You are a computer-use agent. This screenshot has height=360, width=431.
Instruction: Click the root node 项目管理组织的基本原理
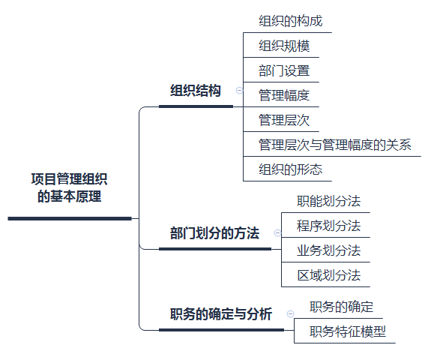[x=69, y=187]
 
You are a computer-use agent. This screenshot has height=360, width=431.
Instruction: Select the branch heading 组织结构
[x=196, y=91]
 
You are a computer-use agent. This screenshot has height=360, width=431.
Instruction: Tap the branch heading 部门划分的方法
[x=214, y=233]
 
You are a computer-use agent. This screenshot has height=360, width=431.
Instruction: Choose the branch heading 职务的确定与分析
[x=221, y=313]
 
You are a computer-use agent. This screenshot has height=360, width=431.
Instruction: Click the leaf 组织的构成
[x=291, y=21]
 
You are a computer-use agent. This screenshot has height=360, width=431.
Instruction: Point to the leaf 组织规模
[x=284, y=46]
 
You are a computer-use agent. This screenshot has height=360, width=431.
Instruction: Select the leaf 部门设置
[x=284, y=70]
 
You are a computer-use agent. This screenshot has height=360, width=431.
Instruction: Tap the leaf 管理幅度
[x=284, y=95]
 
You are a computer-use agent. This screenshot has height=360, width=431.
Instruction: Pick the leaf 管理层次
[x=284, y=120]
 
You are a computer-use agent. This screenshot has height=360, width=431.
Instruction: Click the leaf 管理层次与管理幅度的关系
[x=335, y=145]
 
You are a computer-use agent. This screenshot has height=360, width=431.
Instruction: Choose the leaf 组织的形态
[x=291, y=169]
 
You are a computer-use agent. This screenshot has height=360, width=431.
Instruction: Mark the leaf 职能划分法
[x=329, y=201]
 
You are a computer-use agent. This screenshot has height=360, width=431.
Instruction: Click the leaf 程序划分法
[x=329, y=226]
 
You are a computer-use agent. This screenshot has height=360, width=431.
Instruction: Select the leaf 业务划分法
[x=329, y=250]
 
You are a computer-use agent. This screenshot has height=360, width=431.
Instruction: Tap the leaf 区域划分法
[x=329, y=275]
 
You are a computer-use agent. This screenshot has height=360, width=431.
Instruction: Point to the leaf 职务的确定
[x=341, y=307]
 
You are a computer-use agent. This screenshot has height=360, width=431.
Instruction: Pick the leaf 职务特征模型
[x=348, y=331]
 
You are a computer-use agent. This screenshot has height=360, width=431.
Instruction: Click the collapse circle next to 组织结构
[x=239, y=90]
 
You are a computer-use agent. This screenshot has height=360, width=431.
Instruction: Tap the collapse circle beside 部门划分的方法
[x=277, y=233]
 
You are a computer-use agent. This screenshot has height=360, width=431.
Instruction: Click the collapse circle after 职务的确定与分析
[x=290, y=313]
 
